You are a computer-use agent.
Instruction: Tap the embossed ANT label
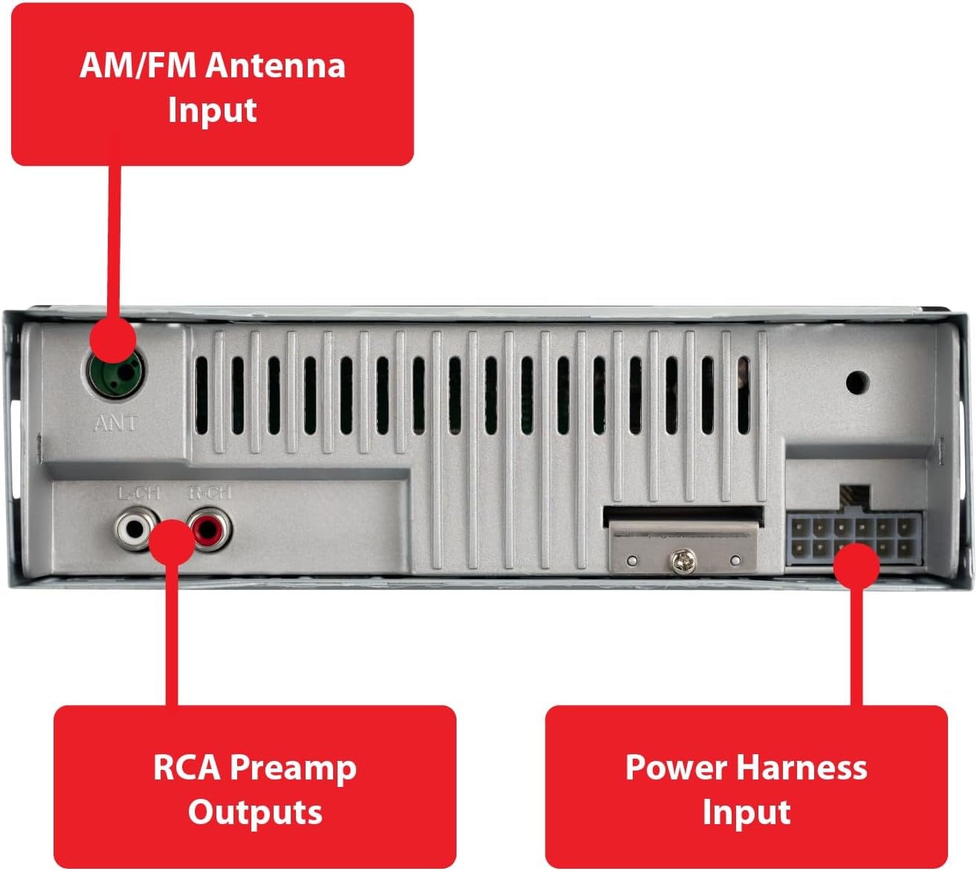116,423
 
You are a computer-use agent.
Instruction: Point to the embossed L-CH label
139,492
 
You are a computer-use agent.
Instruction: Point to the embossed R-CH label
210,492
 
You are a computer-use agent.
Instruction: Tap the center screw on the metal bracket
683,562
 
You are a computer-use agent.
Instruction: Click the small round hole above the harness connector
857,382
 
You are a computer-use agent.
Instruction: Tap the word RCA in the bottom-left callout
187,767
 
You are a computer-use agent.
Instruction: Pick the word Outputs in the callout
255,812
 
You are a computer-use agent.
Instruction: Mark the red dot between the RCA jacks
172,541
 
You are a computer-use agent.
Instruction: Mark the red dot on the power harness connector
856,565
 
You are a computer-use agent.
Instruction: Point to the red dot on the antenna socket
113,341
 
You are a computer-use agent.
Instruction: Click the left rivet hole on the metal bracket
632,560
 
